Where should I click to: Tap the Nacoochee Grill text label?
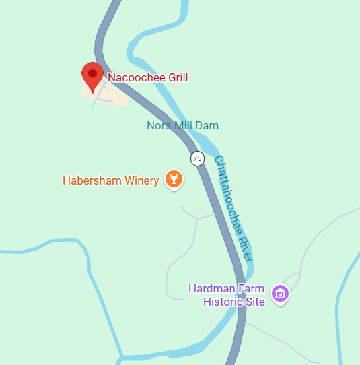tap(147, 77)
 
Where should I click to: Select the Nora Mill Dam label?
tap(182, 125)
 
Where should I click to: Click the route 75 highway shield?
tap(196, 159)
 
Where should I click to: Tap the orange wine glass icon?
tap(174, 179)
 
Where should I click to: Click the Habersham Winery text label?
tap(110, 180)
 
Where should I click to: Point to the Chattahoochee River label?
tap(233, 209)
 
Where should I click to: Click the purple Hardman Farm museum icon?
tap(280, 294)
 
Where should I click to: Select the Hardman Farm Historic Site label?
tap(227, 295)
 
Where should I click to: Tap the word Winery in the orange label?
tap(143, 180)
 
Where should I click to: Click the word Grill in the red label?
tap(176, 77)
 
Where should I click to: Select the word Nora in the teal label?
tap(159, 125)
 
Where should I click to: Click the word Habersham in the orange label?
tap(93, 180)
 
